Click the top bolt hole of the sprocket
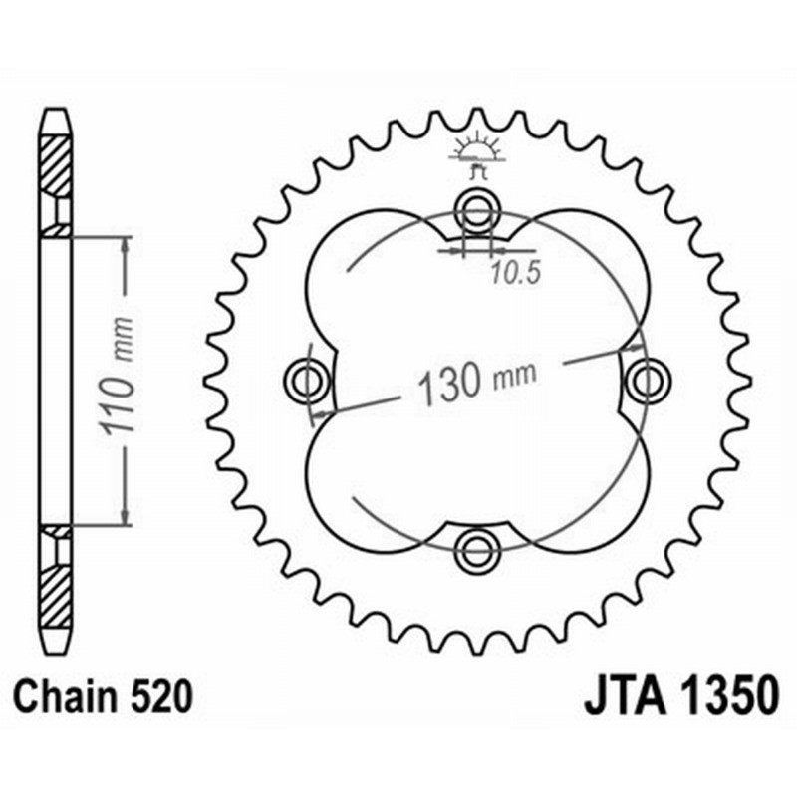(476, 211)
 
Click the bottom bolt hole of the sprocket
(476, 547)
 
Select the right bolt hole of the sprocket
(647, 379)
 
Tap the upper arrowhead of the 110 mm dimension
(125, 245)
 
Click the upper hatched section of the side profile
(56, 164)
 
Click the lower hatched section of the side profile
(56, 588)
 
